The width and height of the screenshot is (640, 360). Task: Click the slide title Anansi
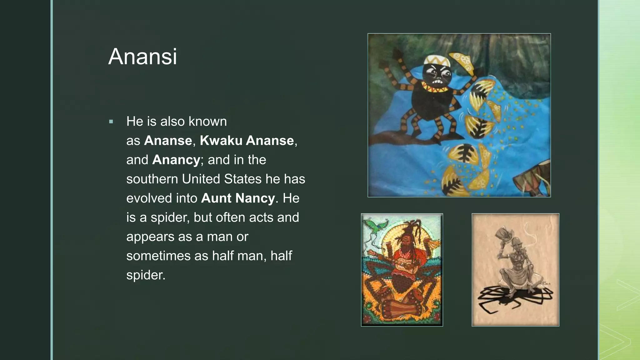pyautogui.click(x=142, y=57)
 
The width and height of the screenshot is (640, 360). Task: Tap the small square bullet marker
pyautogui.click(x=111, y=122)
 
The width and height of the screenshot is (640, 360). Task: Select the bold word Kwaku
pyautogui.click(x=221, y=141)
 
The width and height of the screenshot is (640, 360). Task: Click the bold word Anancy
pyautogui.click(x=176, y=160)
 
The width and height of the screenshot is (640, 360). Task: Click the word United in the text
pyautogui.click(x=201, y=179)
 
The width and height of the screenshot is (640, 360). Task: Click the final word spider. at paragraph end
pyautogui.click(x=146, y=275)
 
